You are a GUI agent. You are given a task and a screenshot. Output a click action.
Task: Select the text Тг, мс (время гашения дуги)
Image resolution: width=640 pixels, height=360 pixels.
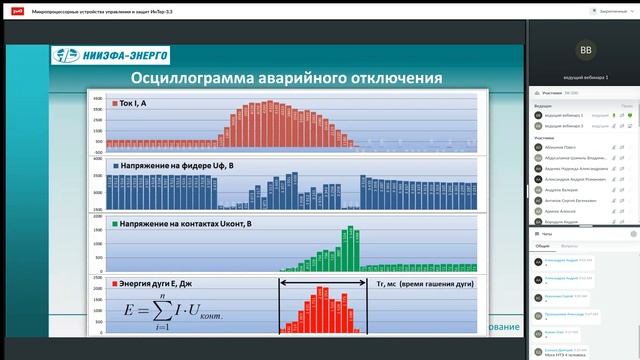(x=420, y=284)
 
